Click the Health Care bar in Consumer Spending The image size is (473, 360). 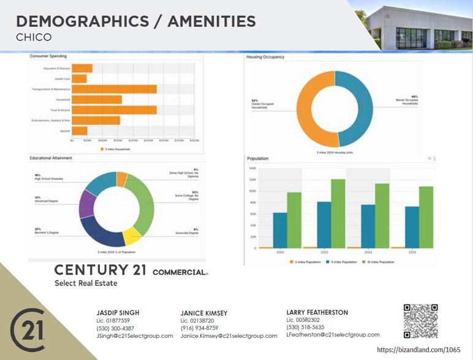coord(79,78)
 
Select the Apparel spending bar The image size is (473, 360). coord(80,130)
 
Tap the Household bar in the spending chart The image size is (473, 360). coord(97,99)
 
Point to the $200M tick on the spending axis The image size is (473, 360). coord(133,140)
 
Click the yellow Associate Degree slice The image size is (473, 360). coord(132,235)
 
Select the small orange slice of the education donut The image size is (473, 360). coord(122,179)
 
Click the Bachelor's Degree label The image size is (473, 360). coord(47,231)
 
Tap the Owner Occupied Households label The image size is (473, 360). coord(262,105)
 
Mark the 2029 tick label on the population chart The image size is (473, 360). coord(412,252)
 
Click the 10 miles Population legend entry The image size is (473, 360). coord(380,262)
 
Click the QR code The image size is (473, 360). coord(420,321)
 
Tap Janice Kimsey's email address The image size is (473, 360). coord(229,336)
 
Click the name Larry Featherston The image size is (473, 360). coord(317,312)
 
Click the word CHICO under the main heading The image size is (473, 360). coord(34,37)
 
